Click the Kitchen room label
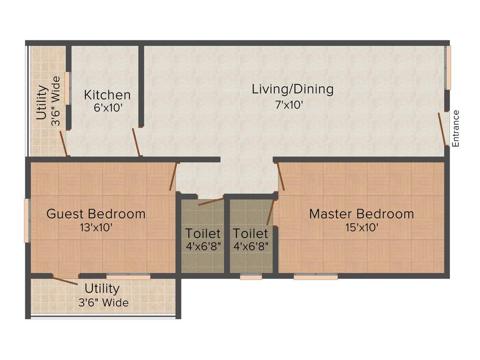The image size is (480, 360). coord(107,95)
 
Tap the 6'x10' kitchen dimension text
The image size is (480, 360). coord(108,108)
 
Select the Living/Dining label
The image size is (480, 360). coord(292,89)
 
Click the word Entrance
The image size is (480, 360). coord(456,128)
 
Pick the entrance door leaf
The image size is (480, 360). coord(442,129)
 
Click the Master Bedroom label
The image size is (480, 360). coord(361,214)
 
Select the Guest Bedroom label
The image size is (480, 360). coord(96,214)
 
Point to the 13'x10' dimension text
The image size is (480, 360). coord(96,228)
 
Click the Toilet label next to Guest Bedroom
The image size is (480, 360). coord(203,233)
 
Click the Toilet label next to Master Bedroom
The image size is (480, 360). coord(251,233)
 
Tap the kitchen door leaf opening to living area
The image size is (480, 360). coord(136,142)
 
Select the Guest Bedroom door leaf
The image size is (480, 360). coord(173,176)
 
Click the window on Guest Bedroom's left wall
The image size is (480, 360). coord(27,220)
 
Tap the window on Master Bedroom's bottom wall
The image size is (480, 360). coord(315,277)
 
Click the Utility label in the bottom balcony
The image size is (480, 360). coord(102,288)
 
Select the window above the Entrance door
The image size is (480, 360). coord(448,68)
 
